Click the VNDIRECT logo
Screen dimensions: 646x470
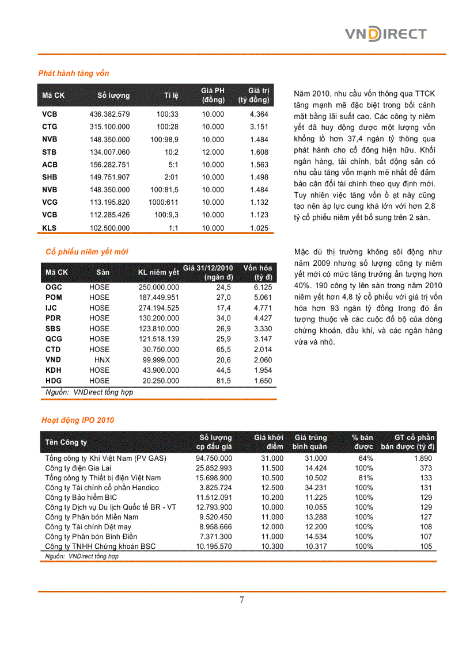pyautogui.click(x=385, y=34)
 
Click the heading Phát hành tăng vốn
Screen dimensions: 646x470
pyautogui.click(x=74, y=73)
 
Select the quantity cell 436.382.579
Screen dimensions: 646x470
pyautogui.click(x=109, y=114)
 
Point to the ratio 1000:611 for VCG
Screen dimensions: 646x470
pyautogui.click(x=164, y=202)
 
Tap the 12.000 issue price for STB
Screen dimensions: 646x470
pyautogui.click(x=213, y=152)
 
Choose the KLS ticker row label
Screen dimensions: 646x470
pyautogui.click(x=50, y=228)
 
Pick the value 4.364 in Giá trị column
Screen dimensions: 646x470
pyautogui.click(x=259, y=114)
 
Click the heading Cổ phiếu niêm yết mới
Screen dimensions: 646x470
pyautogui.click(x=87, y=251)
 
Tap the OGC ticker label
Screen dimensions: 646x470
pyautogui.click(x=54, y=287)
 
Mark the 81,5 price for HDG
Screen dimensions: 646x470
pyautogui.click(x=223, y=381)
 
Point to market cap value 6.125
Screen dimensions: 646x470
pyautogui.click(x=262, y=287)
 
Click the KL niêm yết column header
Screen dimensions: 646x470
pyautogui.click(x=158, y=272)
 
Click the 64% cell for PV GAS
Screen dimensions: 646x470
pyautogui.click(x=365, y=458)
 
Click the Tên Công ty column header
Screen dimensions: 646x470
pyautogui.click(x=66, y=442)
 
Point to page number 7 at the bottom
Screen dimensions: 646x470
pyautogui.click(x=241, y=600)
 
